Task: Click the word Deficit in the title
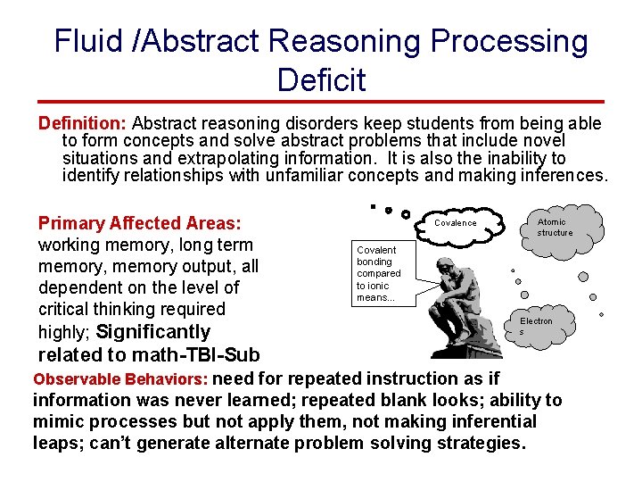(x=321, y=79)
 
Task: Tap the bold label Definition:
(x=84, y=123)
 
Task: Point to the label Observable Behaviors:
(x=120, y=378)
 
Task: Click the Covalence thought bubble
(x=456, y=223)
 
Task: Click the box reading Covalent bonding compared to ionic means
(x=379, y=273)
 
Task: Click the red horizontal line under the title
(x=321, y=103)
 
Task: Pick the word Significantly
(x=153, y=332)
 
